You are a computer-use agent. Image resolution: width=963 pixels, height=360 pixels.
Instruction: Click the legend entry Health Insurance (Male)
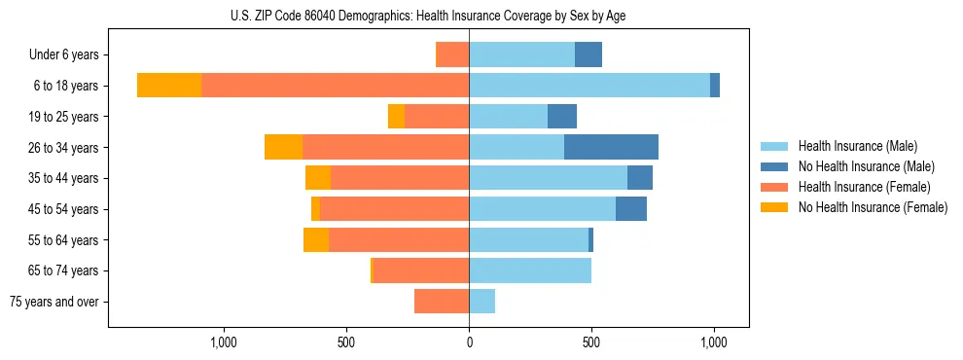[x=857, y=146]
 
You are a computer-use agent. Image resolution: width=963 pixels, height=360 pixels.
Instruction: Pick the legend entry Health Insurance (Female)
[x=864, y=187]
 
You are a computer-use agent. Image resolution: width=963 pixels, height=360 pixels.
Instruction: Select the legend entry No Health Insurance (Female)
[x=873, y=207]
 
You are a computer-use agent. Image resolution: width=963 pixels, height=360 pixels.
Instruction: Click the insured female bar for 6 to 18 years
[x=335, y=86]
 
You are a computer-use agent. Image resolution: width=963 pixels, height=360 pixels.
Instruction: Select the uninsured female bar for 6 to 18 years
[x=169, y=86]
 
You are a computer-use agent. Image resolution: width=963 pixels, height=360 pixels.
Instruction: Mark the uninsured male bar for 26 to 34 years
[x=611, y=147]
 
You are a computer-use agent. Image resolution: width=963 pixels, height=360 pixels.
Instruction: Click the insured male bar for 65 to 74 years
[x=530, y=270]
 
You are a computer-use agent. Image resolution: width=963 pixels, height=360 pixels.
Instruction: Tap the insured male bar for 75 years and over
[x=481, y=302]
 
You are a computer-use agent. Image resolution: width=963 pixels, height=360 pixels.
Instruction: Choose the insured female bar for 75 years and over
[x=442, y=302]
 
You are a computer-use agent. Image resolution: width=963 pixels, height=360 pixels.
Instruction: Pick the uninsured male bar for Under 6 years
[x=588, y=54]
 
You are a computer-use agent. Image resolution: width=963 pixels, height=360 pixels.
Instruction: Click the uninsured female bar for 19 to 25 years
[x=396, y=117]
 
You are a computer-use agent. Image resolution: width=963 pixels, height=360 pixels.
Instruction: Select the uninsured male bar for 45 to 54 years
[x=631, y=209]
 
